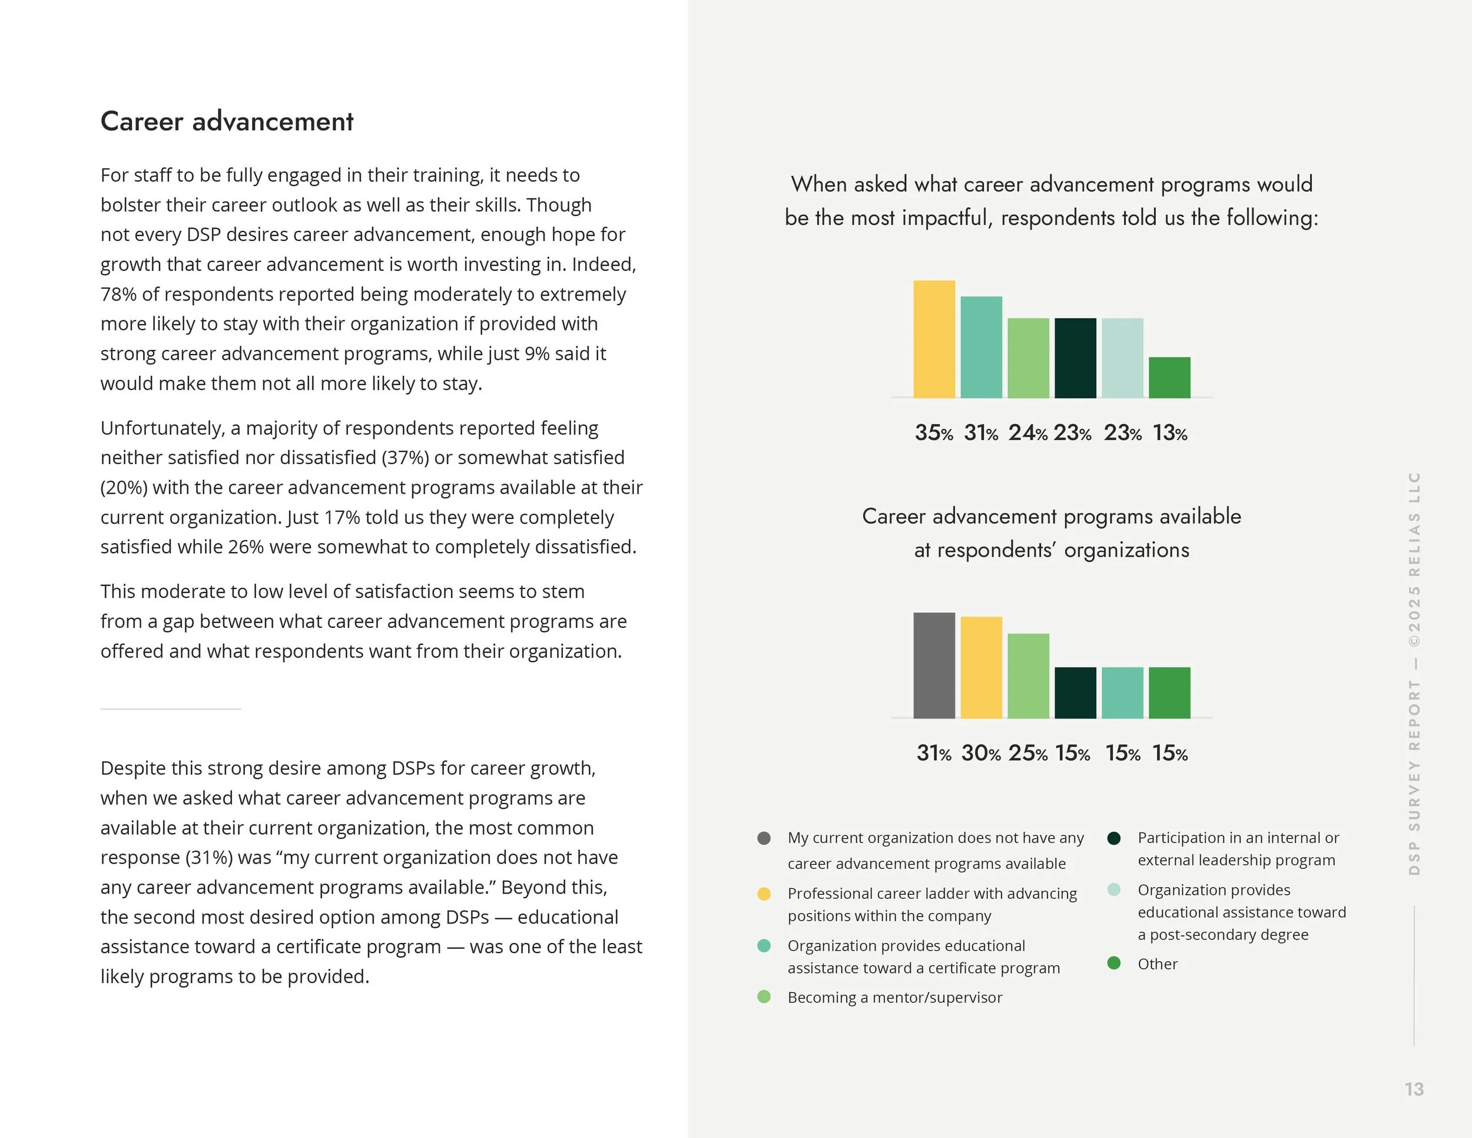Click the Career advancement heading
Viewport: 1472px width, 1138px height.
coord(227,122)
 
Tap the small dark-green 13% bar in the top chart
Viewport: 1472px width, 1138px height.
coord(1169,378)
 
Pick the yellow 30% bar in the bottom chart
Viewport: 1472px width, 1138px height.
coord(981,667)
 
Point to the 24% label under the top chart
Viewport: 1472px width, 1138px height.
coord(1027,433)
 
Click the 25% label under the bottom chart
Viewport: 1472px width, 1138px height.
coord(1027,753)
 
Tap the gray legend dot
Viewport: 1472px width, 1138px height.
coord(764,838)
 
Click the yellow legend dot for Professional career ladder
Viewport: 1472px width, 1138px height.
coord(764,894)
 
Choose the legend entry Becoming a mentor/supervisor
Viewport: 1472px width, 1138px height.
coord(894,997)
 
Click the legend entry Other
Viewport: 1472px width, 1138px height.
coord(1157,964)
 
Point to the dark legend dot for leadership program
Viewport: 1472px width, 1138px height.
coord(1113,838)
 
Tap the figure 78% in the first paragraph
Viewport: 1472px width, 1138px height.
coord(118,295)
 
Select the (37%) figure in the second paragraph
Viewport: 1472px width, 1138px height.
coord(405,458)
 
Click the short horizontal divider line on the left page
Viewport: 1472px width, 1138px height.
coord(171,709)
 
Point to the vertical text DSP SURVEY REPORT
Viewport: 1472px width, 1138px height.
coord(1414,775)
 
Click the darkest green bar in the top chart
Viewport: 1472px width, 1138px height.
coord(1075,358)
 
